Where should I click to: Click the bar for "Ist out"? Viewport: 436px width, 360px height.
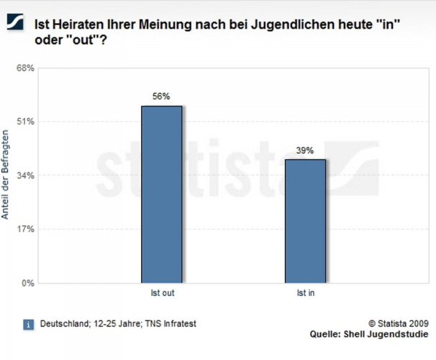point(162,194)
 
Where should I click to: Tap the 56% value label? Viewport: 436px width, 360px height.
point(161,96)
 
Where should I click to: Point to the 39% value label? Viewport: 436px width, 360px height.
point(305,150)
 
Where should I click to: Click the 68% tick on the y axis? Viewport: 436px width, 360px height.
point(25,68)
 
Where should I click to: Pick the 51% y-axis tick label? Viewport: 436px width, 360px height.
point(25,122)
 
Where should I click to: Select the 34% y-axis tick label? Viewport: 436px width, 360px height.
point(25,176)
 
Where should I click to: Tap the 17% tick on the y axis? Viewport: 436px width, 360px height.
point(25,230)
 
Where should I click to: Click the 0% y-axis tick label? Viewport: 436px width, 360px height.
point(27,283)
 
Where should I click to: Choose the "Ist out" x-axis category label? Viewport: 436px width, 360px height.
point(162,294)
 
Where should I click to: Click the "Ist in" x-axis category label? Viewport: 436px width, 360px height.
point(305,294)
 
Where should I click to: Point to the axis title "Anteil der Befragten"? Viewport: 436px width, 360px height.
point(6,175)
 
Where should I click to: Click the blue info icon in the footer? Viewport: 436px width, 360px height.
point(28,325)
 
